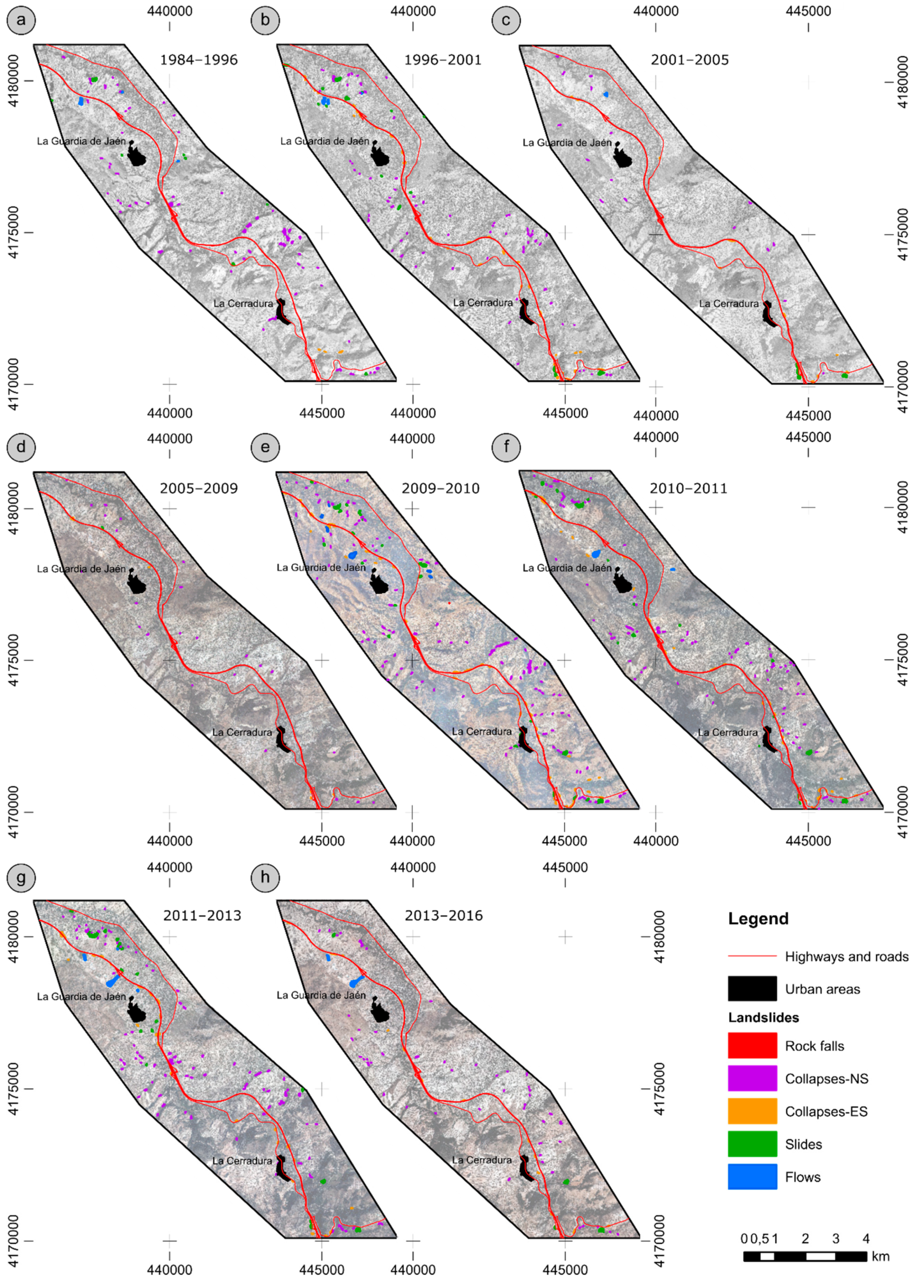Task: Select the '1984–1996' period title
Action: coord(199,59)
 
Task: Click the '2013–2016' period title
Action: coord(444,915)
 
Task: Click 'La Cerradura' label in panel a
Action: coord(242,303)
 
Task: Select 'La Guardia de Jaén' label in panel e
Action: coord(321,567)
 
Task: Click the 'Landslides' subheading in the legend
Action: coord(763,1017)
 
